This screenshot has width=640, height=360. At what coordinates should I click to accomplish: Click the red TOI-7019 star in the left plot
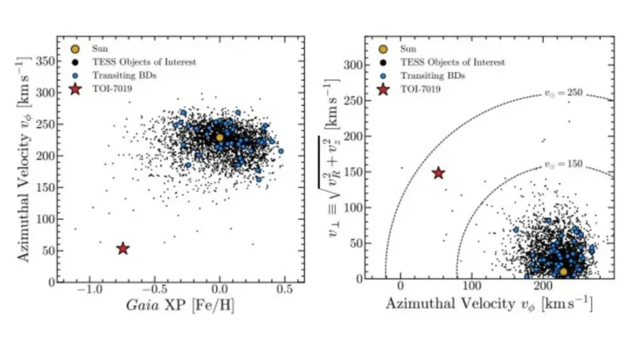point(122,249)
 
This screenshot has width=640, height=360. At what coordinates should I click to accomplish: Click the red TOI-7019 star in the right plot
point(438,173)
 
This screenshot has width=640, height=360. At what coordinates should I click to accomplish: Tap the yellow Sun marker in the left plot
point(220,138)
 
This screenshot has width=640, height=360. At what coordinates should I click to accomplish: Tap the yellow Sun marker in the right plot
point(563,272)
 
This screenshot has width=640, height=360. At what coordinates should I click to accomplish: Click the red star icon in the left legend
point(76,90)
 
